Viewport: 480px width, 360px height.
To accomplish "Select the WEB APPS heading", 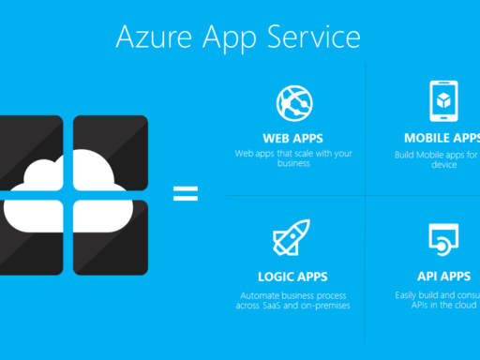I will point(293,138).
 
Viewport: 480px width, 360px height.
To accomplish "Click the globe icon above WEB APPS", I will point(293,100).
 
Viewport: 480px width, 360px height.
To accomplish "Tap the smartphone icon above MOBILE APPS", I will point(442,100).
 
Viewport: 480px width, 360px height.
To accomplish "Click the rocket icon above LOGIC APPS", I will point(291,237).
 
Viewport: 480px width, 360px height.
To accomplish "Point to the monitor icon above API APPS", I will point(442,239).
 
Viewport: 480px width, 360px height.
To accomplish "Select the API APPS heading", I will point(442,277).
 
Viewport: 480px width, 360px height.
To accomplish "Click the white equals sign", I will point(186,194).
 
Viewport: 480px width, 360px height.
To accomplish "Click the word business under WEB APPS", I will point(293,162).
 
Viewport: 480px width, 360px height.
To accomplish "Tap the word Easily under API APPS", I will point(410,296).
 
